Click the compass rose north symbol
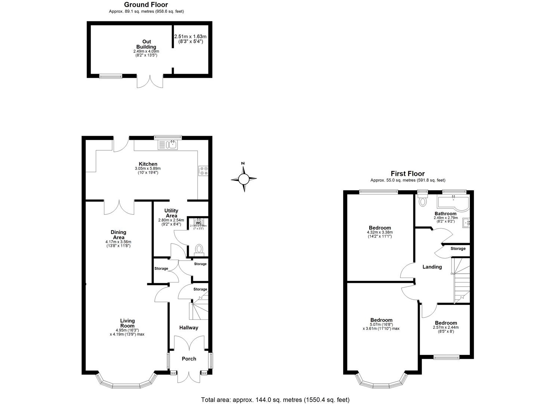coord(243,178)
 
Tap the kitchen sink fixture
coord(168,144)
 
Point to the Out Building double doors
coord(150,82)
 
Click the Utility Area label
coord(171,213)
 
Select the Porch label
coord(189,359)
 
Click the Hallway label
coord(188,328)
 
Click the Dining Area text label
coord(118,235)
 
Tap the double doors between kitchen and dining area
coord(119,207)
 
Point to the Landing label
coord(432,267)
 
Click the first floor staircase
coord(461,281)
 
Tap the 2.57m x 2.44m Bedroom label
coord(445,323)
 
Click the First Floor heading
coord(407,174)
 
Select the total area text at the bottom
coord(275,400)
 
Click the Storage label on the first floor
coord(458,248)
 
